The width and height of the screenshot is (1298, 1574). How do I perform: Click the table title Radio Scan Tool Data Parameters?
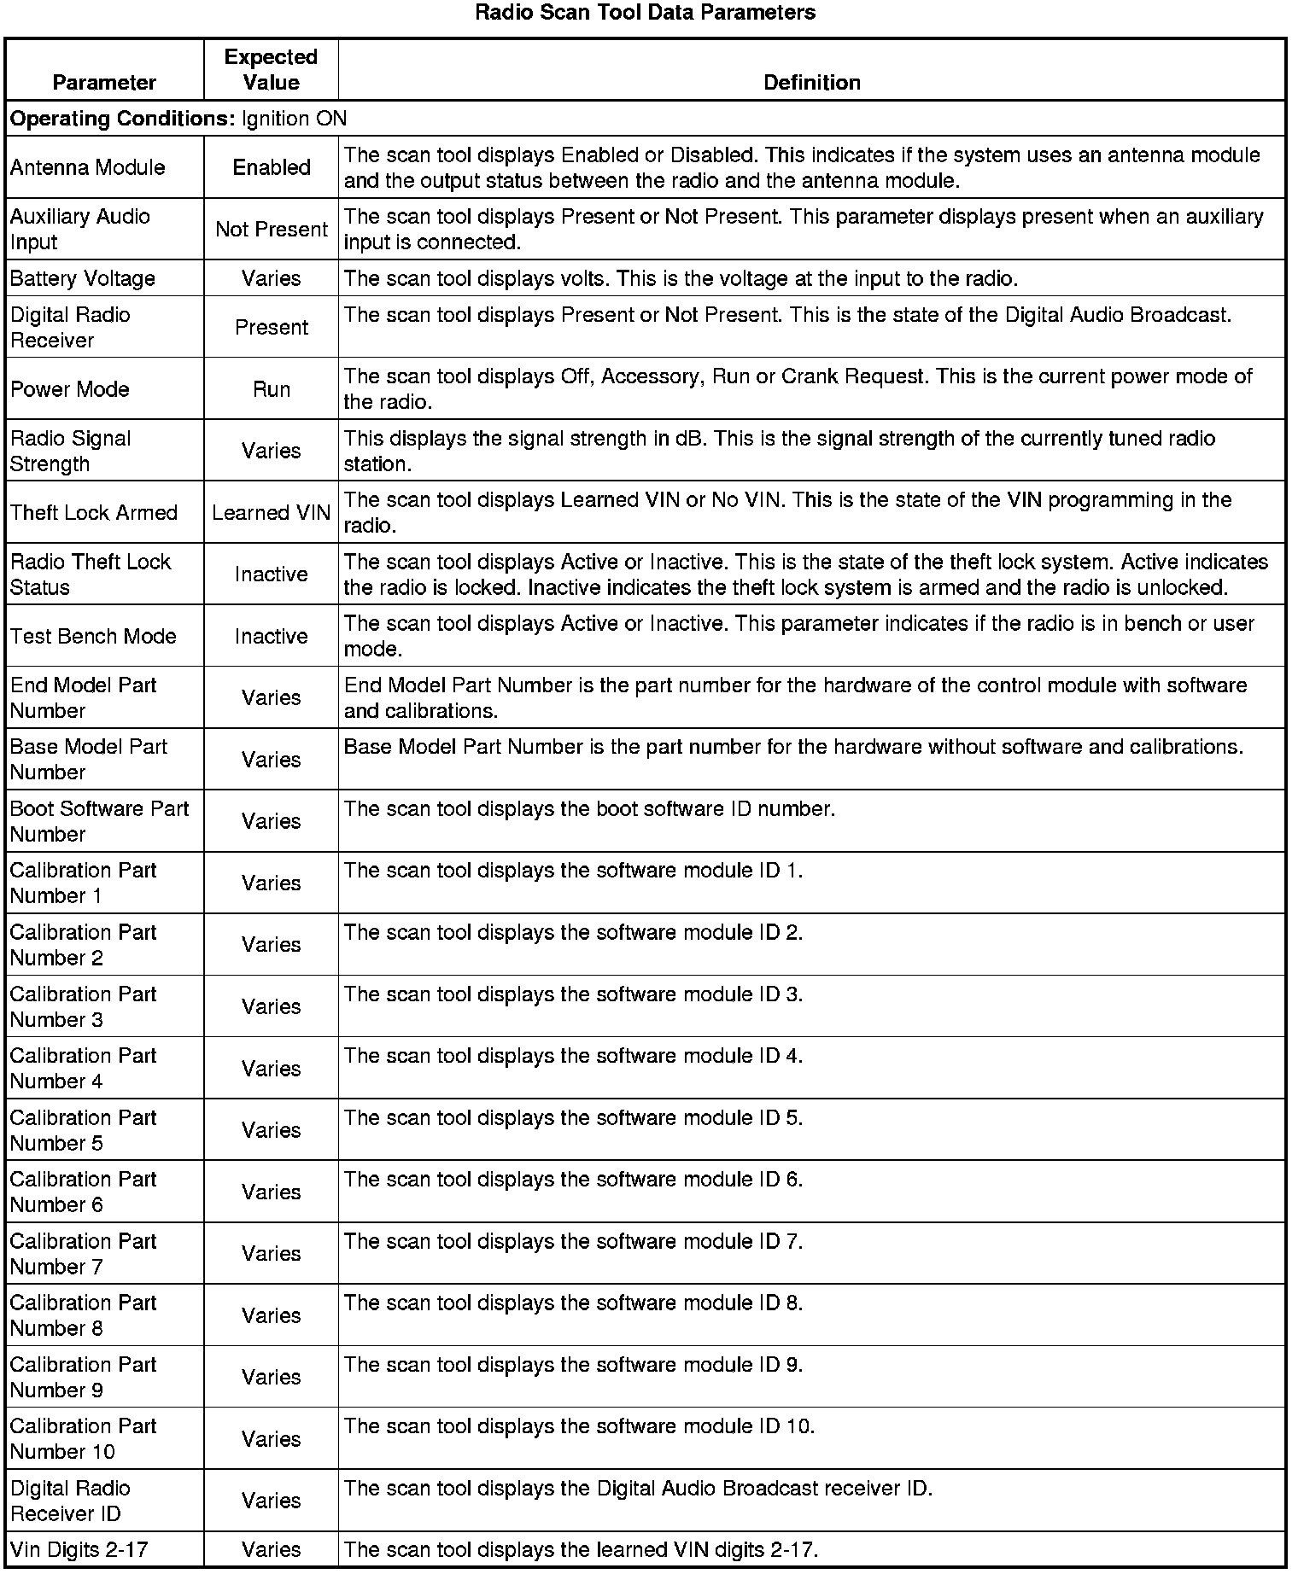(x=645, y=13)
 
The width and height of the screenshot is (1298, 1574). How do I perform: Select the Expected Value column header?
(x=271, y=70)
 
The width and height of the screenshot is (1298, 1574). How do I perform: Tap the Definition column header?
(x=811, y=83)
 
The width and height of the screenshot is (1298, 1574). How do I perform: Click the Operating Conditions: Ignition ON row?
(x=178, y=119)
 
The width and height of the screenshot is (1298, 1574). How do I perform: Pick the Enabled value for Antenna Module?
(x=272, y=167)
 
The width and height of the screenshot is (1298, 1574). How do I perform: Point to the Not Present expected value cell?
(x=272, y=230)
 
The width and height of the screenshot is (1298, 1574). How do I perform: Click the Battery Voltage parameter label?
(x=83, y=278)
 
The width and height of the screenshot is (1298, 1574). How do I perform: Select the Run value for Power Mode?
(x=272, y=389)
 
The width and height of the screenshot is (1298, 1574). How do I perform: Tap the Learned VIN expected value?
(x=272, y=513)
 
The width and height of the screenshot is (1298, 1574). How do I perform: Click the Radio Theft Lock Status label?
(x=91, y=574)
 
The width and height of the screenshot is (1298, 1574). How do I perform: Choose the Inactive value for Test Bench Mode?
(x=272, y=637)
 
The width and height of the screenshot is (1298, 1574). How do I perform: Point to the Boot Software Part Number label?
(x=99, y=821)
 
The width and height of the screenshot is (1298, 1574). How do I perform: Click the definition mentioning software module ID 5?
(x=573, y=1118)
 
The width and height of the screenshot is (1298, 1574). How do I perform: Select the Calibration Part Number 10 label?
(x=84, y=1439)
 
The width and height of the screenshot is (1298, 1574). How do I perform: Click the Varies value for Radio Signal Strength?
(x=272, y=451)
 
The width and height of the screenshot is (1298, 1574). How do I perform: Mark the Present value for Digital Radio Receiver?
(x=272, y=328)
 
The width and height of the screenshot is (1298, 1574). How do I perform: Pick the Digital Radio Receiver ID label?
(x=71, y=1501)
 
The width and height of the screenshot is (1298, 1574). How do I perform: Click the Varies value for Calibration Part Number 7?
(x=272, y=1254)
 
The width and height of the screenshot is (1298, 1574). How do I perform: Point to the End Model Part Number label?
(x=84, y=698)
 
